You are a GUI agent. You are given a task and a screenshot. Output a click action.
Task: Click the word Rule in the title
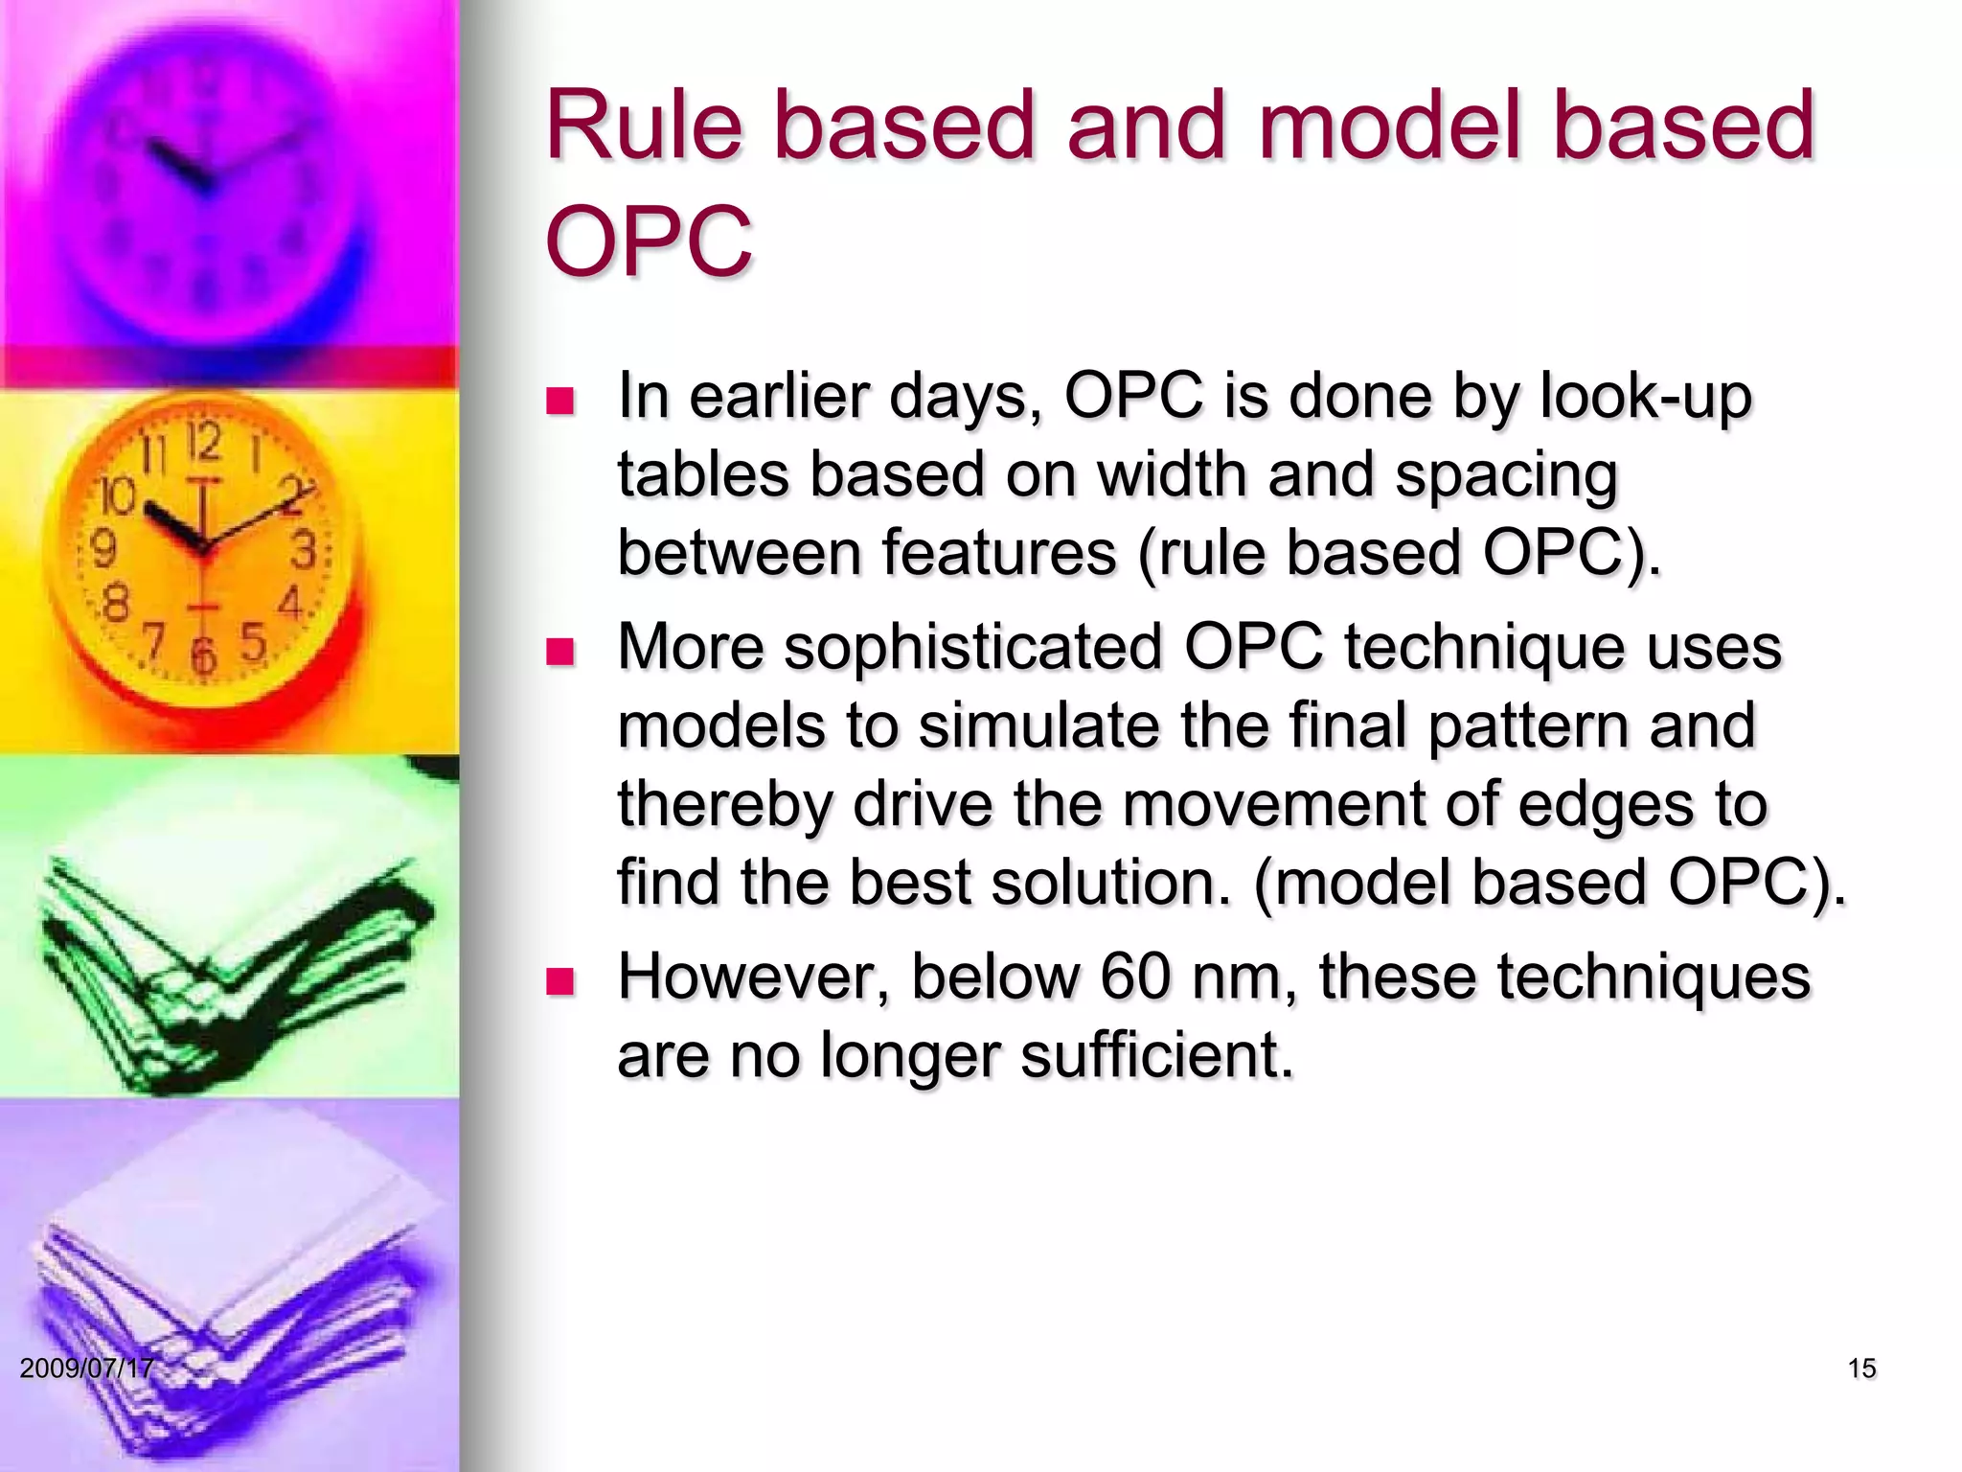tap(643, 126)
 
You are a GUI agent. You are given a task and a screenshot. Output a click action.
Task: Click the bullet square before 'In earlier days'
tap(559, 401)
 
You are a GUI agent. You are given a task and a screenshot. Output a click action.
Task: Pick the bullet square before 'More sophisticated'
tap(559, 653)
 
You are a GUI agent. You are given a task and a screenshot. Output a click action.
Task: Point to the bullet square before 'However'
tap(559, 982)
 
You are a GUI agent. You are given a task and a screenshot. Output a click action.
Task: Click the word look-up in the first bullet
tap(1645, 397)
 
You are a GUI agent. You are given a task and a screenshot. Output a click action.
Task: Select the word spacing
tap(1505, 476)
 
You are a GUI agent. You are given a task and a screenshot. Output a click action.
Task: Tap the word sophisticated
tap(973, 647)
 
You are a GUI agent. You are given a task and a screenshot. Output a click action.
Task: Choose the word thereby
tap(724, 805)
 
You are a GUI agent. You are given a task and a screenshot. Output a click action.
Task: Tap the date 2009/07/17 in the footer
tap(86, 1368)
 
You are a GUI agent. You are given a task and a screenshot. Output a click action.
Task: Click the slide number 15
tap(1861, 1368)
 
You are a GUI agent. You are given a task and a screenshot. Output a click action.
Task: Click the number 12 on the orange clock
tap(203, 444)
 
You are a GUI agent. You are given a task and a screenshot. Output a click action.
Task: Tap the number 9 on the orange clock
tap(103, 549)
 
